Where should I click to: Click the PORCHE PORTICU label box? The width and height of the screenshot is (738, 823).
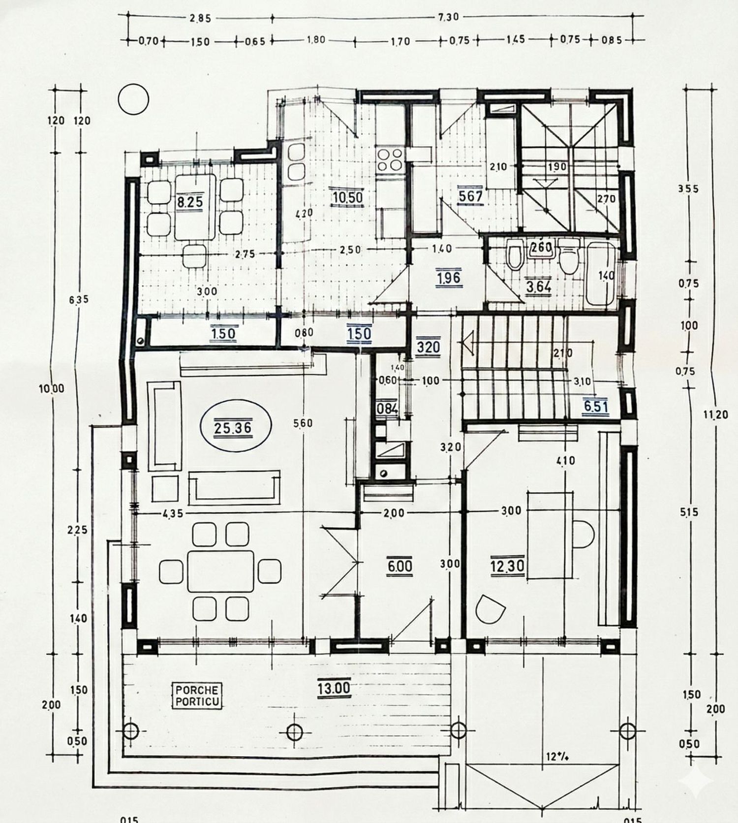click(x=197, y=696)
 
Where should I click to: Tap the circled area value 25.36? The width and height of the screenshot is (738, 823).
click(x=233, y=428)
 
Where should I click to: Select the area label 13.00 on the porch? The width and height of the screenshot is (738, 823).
click(x=334, y=688)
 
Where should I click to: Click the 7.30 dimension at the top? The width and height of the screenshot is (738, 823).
click(x=448, y=17)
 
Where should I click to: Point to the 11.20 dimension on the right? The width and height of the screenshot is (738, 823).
click(x=715, y=414)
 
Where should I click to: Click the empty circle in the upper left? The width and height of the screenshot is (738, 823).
click(x=133, y=99)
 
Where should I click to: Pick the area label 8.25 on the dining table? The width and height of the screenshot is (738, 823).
click(x=190, y=202)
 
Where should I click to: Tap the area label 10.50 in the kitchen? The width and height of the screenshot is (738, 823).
click(x=347, y=197)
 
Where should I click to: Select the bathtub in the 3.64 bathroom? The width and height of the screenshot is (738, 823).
click(x=601, y=274)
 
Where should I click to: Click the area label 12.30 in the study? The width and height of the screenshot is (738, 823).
click(x=507, y=566)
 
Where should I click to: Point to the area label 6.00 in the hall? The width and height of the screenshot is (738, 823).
click(x=400, y=566)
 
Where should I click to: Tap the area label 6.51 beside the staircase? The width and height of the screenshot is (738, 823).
click(x=596, y=407)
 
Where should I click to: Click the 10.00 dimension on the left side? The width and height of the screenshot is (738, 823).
click(x=52, y=388)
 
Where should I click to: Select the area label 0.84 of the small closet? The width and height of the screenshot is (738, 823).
click(x=387, y=409)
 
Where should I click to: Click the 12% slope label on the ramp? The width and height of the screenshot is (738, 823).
click(x=558, y=756)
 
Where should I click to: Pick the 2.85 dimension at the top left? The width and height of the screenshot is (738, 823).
click(x=200, y=18)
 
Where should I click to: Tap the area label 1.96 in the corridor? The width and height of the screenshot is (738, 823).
click(x=448, y=278)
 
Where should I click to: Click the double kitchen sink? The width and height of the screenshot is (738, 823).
click(x=296, y=161)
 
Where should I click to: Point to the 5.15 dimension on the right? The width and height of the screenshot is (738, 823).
click(x=689, y=512)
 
